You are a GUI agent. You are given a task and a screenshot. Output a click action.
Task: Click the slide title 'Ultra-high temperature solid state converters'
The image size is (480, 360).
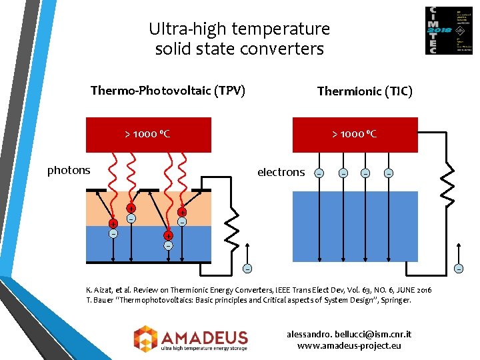tap(239, 39)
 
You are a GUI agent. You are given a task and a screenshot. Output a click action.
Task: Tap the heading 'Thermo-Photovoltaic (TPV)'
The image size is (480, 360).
tap(168, 90)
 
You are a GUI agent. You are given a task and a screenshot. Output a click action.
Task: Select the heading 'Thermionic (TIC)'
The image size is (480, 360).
tap(365, 91)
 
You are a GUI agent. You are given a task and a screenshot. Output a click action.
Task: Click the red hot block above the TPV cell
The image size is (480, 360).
tap(149, 134)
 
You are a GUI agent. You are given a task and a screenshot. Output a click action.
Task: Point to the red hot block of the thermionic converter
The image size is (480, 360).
tap(355, 134)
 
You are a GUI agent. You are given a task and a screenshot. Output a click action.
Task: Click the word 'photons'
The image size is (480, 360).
tap(69, 170)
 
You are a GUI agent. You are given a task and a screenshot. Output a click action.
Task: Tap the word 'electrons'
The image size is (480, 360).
tap(281, 172)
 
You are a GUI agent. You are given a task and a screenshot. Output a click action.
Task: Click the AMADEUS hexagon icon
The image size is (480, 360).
tap(145, 337)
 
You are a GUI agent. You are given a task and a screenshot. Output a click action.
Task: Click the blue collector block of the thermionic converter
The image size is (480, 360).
tap(355, 226)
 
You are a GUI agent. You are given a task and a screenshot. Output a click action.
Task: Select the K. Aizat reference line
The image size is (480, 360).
tap(259, 290)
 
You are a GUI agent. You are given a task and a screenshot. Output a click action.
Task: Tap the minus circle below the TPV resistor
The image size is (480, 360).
tap(247, 269)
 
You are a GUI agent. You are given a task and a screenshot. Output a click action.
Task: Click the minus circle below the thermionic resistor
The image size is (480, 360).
tap(458, 268)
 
